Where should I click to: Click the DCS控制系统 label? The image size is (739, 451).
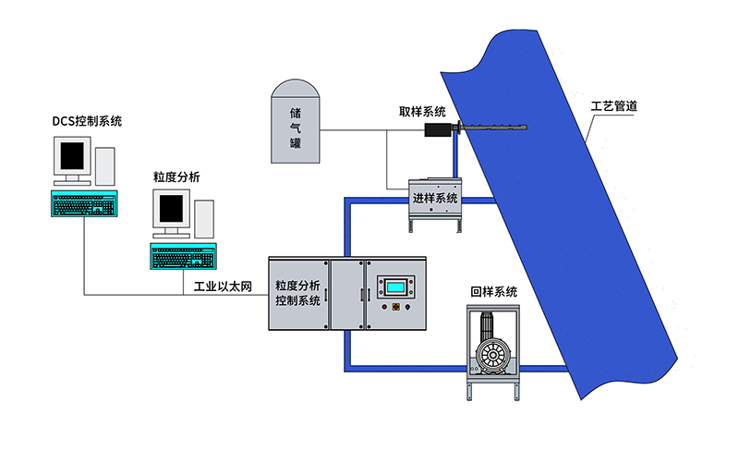[87, 121]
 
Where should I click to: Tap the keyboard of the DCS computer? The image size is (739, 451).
[84, 203]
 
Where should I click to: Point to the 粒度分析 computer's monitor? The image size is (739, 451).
[173, 212]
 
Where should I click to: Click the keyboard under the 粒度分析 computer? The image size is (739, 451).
[183, 256]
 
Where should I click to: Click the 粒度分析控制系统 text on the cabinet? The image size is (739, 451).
[297, 293]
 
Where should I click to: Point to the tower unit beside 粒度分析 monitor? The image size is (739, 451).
[204, 220]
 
